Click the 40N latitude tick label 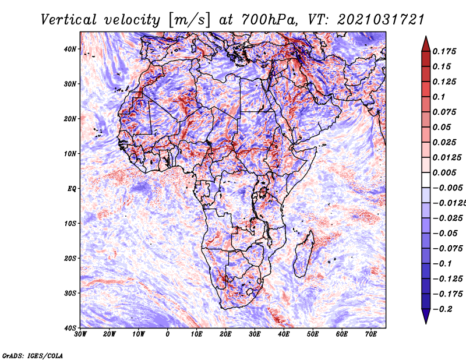[70, 49]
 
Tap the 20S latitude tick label [70, 258]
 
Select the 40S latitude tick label [70, 327]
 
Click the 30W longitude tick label [80, 334]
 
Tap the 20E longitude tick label [225, 334]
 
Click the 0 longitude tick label [168, 334]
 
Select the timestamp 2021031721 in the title [376, 19]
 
